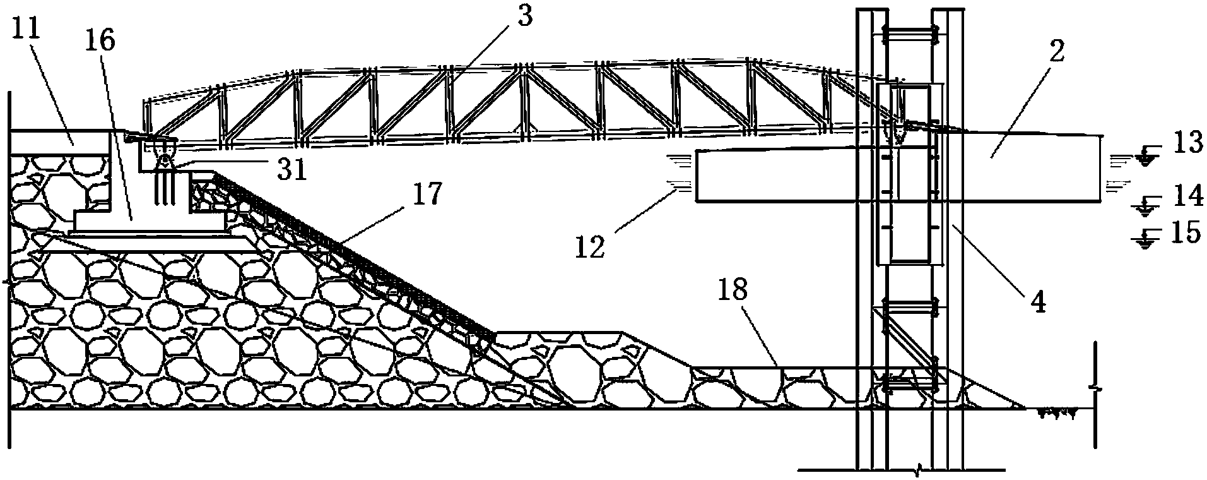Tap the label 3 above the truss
coord(524,17)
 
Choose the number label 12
coord(591,245)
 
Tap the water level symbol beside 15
coord(1143,241)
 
